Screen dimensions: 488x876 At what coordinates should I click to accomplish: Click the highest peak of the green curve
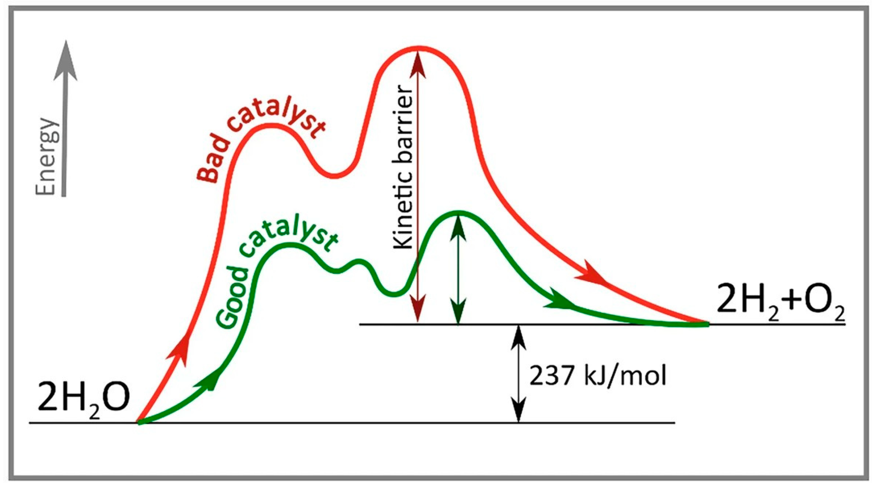tap(458, 212)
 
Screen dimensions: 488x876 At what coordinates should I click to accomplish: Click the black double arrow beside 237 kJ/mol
tap(519, 374)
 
